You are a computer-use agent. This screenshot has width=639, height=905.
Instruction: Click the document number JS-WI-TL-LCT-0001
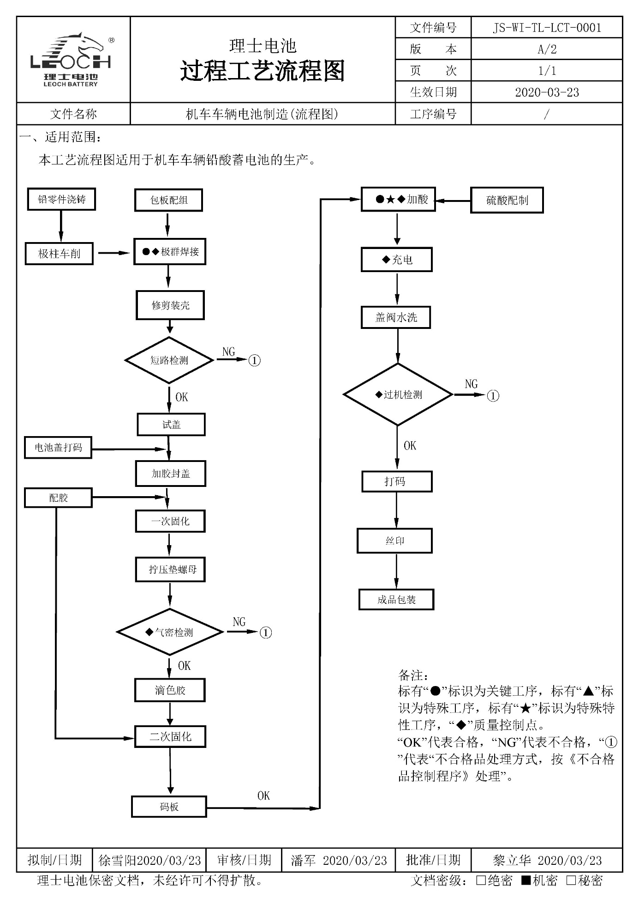pyautogui.click(x=547, y=28)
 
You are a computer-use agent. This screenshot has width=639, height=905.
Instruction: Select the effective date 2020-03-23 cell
pyautogui.click(x=547, y=92)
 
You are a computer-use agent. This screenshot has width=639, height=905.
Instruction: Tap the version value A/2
pyautogui.click(x=547, y=49)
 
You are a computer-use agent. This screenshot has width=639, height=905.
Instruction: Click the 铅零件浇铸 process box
pyautogui.click(x=61, y=200)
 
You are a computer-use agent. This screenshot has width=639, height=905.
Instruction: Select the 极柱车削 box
pyautogui.click(x=59, y=254)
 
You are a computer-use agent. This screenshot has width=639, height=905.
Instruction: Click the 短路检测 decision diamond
pyautogui.click(x=169, y=360)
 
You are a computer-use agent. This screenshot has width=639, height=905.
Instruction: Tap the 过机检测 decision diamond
pyautogui.click(x=398, y=395)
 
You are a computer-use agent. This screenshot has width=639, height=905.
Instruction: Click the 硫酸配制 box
pyautogui.click(x=507, y=200)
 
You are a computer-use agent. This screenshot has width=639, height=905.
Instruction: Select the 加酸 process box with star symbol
pyautogui.click(x=398, y=200)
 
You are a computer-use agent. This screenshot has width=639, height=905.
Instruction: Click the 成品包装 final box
pyautogui.click(x=396, y=600)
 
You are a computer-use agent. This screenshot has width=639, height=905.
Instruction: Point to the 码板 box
pyautogui.click(x=169, y=807)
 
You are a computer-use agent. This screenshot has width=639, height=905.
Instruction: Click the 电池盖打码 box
pyautogui.click(x=58, y=448)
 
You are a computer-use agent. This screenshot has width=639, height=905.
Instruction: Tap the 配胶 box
pyautogui.click(x=58, y=498)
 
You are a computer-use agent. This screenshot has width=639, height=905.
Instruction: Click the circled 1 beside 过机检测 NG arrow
pyautogui.click(x=493, y=396)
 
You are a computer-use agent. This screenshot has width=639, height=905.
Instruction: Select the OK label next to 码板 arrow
pyautogui.click(x=263, y=796)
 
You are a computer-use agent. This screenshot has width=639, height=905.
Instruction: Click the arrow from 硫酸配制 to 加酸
pyautogui.click(x=453, y=201)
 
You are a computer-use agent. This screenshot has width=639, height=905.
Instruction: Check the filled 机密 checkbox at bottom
pyautogui.click(x=526, y=881)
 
